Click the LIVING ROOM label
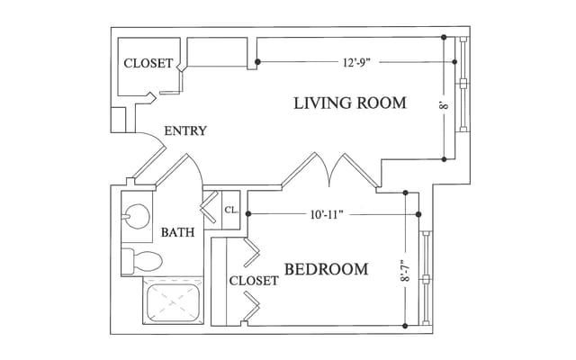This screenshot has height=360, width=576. click(350, 103)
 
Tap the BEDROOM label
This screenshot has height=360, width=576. click(326, 269)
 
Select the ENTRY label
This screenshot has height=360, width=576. click(184, 131)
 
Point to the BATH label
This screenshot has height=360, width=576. click(177, 233)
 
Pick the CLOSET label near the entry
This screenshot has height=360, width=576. click(148, 64)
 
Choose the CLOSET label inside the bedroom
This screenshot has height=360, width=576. click(254, 281)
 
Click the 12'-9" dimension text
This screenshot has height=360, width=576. click(357, 63)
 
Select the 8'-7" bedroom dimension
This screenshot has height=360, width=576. click(406, 270)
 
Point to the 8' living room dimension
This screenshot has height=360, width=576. click(443, 105)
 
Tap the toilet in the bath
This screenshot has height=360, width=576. click(141, 261)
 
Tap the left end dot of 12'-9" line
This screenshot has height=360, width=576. click(257, 62)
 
